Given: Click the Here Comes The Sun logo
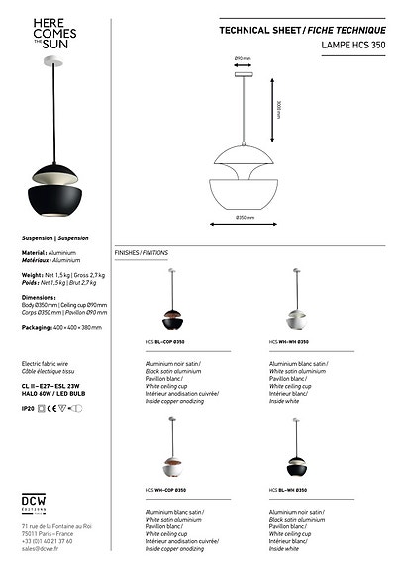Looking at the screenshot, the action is (x=50, y=35).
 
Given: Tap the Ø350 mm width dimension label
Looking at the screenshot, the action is (x=245, y=217).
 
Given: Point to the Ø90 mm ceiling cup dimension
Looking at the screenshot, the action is (x=242, y=59).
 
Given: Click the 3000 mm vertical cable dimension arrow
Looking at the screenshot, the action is (x=273, y=109).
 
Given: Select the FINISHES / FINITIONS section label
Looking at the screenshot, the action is (x=142, y=253).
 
